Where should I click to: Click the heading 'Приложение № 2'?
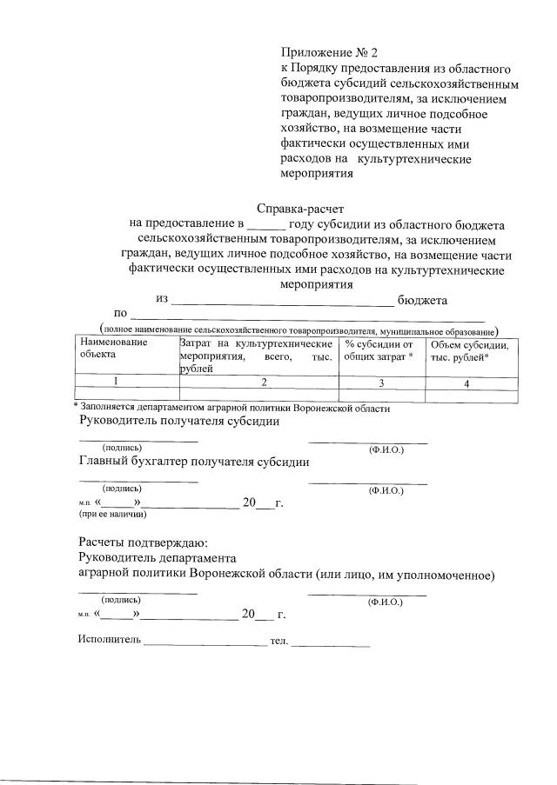pyautogui.click(x=323, y=53)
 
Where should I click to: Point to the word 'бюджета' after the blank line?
pyautogui.click(x=422, y=300)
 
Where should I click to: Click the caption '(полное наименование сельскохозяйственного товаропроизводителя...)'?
pyautogui.click(x=299, y=330)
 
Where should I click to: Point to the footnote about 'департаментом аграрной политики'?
pyautogui.click(x=233, y=408)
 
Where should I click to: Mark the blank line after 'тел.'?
pyautogui.click(x=331, y=644)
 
